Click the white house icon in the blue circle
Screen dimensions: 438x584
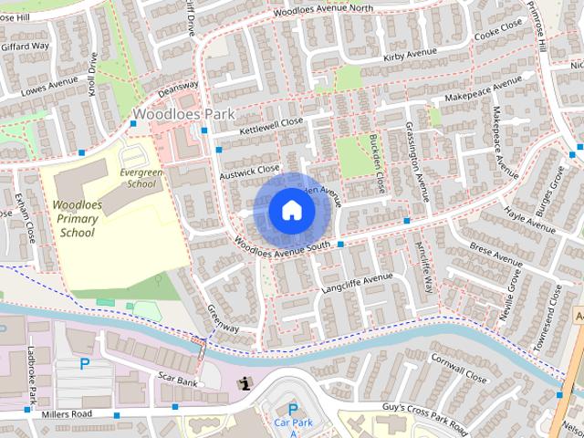click(291, 210)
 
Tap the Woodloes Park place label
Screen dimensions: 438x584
click(183, 115)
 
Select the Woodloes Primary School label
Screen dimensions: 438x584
click(78, 219)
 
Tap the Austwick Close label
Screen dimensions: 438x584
click(249, 170)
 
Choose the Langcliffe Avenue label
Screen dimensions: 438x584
click(357, 282)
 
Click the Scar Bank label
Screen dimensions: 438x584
click(178, 378)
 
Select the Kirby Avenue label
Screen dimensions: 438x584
click(405, 57)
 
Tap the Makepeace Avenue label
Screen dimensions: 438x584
click(484, 94)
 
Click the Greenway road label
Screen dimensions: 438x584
click(223, 318)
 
